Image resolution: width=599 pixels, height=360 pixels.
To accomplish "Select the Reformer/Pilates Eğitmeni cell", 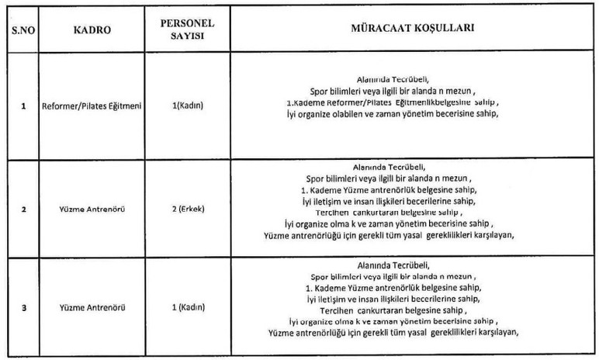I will pos(92,107).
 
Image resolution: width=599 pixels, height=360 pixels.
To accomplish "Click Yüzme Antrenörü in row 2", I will pos(92,209).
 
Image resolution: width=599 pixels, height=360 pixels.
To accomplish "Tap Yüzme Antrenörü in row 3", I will pos(92,308).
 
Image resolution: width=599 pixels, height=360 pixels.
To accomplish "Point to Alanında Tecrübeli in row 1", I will pos(390,78).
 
